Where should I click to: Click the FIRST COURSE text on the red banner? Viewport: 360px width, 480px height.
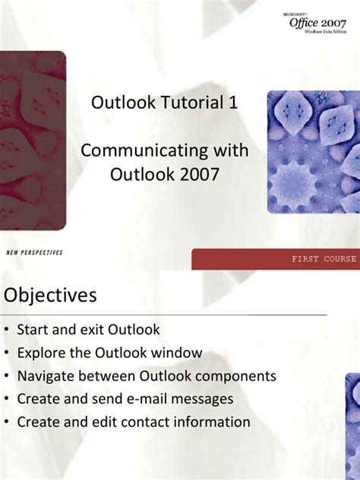click(x=324, y=259)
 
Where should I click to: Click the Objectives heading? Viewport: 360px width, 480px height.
click(x=50, y=295)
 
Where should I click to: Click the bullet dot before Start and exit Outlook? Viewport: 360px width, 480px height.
click(x=7, y=330)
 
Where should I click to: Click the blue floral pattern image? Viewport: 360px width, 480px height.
click(x=312, y=152)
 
